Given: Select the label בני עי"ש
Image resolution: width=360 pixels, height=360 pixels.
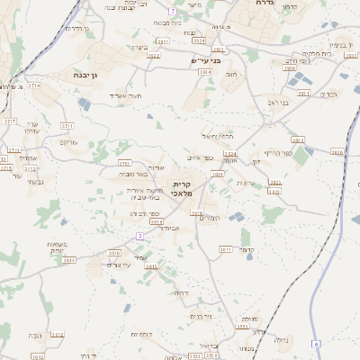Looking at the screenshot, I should point(205,60).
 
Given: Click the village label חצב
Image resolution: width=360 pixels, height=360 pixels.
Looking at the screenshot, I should point(230,76).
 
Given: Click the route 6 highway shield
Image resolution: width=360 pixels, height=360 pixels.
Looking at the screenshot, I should point(316,344).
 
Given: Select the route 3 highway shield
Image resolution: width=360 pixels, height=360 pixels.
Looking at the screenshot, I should point(139,236).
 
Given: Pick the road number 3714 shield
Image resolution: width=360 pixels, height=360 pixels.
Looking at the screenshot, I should point(33,85).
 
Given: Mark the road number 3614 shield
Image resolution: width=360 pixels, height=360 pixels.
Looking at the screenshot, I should point(69,260).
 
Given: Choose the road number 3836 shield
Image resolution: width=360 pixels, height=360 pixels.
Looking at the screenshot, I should point(337,152).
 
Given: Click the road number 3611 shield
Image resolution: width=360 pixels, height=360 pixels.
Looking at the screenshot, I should point(224,249).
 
